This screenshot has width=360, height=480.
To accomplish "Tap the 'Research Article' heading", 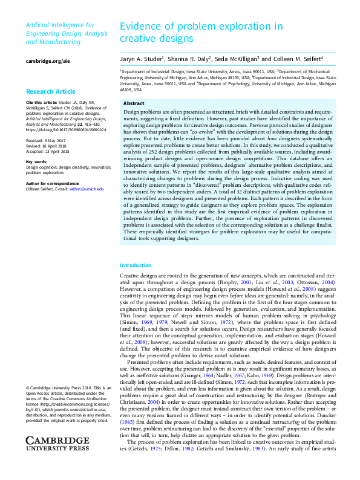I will click(51, 92).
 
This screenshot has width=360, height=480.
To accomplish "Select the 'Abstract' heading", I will click(134, 103).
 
